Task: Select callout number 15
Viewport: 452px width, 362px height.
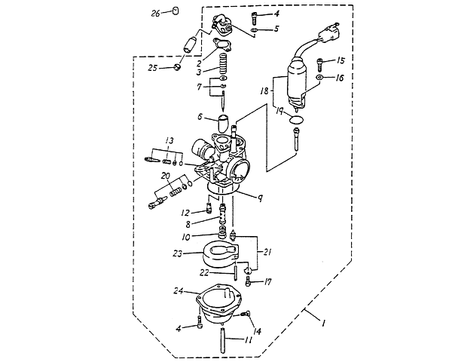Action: [341, 60]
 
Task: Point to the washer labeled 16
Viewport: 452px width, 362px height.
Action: [321, 78]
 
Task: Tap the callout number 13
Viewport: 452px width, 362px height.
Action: [170, 140]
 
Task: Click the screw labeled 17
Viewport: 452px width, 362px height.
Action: [249, 284]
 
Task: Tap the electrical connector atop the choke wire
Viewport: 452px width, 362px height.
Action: [328, 35]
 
